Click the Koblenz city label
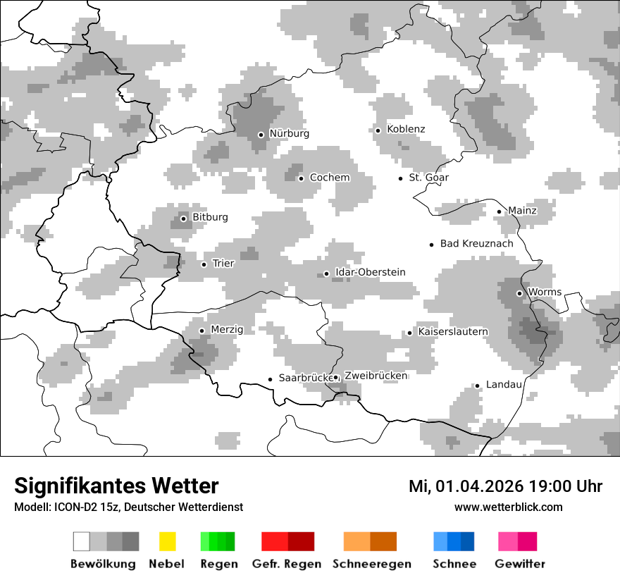[x=406, y=129]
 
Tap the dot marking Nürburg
[x=261, y=134]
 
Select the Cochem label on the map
[x=330, y=178]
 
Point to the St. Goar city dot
[x=400, y=178]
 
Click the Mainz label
[x=522, y=211]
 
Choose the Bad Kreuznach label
[x=477, y=244]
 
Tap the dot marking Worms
[x=519, y=293]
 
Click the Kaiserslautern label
[x=453, y=331]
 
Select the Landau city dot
[x=477, y=386]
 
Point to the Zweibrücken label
[x=376, y=376]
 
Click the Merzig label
[x=227, y=329]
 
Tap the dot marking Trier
[x=204, y=264]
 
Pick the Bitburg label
[x=210, y=217]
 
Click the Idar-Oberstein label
[x=371, y=272]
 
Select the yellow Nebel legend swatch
[x=167, y=541]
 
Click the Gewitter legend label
[x=520, y=564]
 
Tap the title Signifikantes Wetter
[x=116, y=486]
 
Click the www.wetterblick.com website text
[x=509, y=507]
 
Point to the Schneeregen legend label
[x=372, y=564]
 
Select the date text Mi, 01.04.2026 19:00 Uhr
[x=505, y=486]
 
